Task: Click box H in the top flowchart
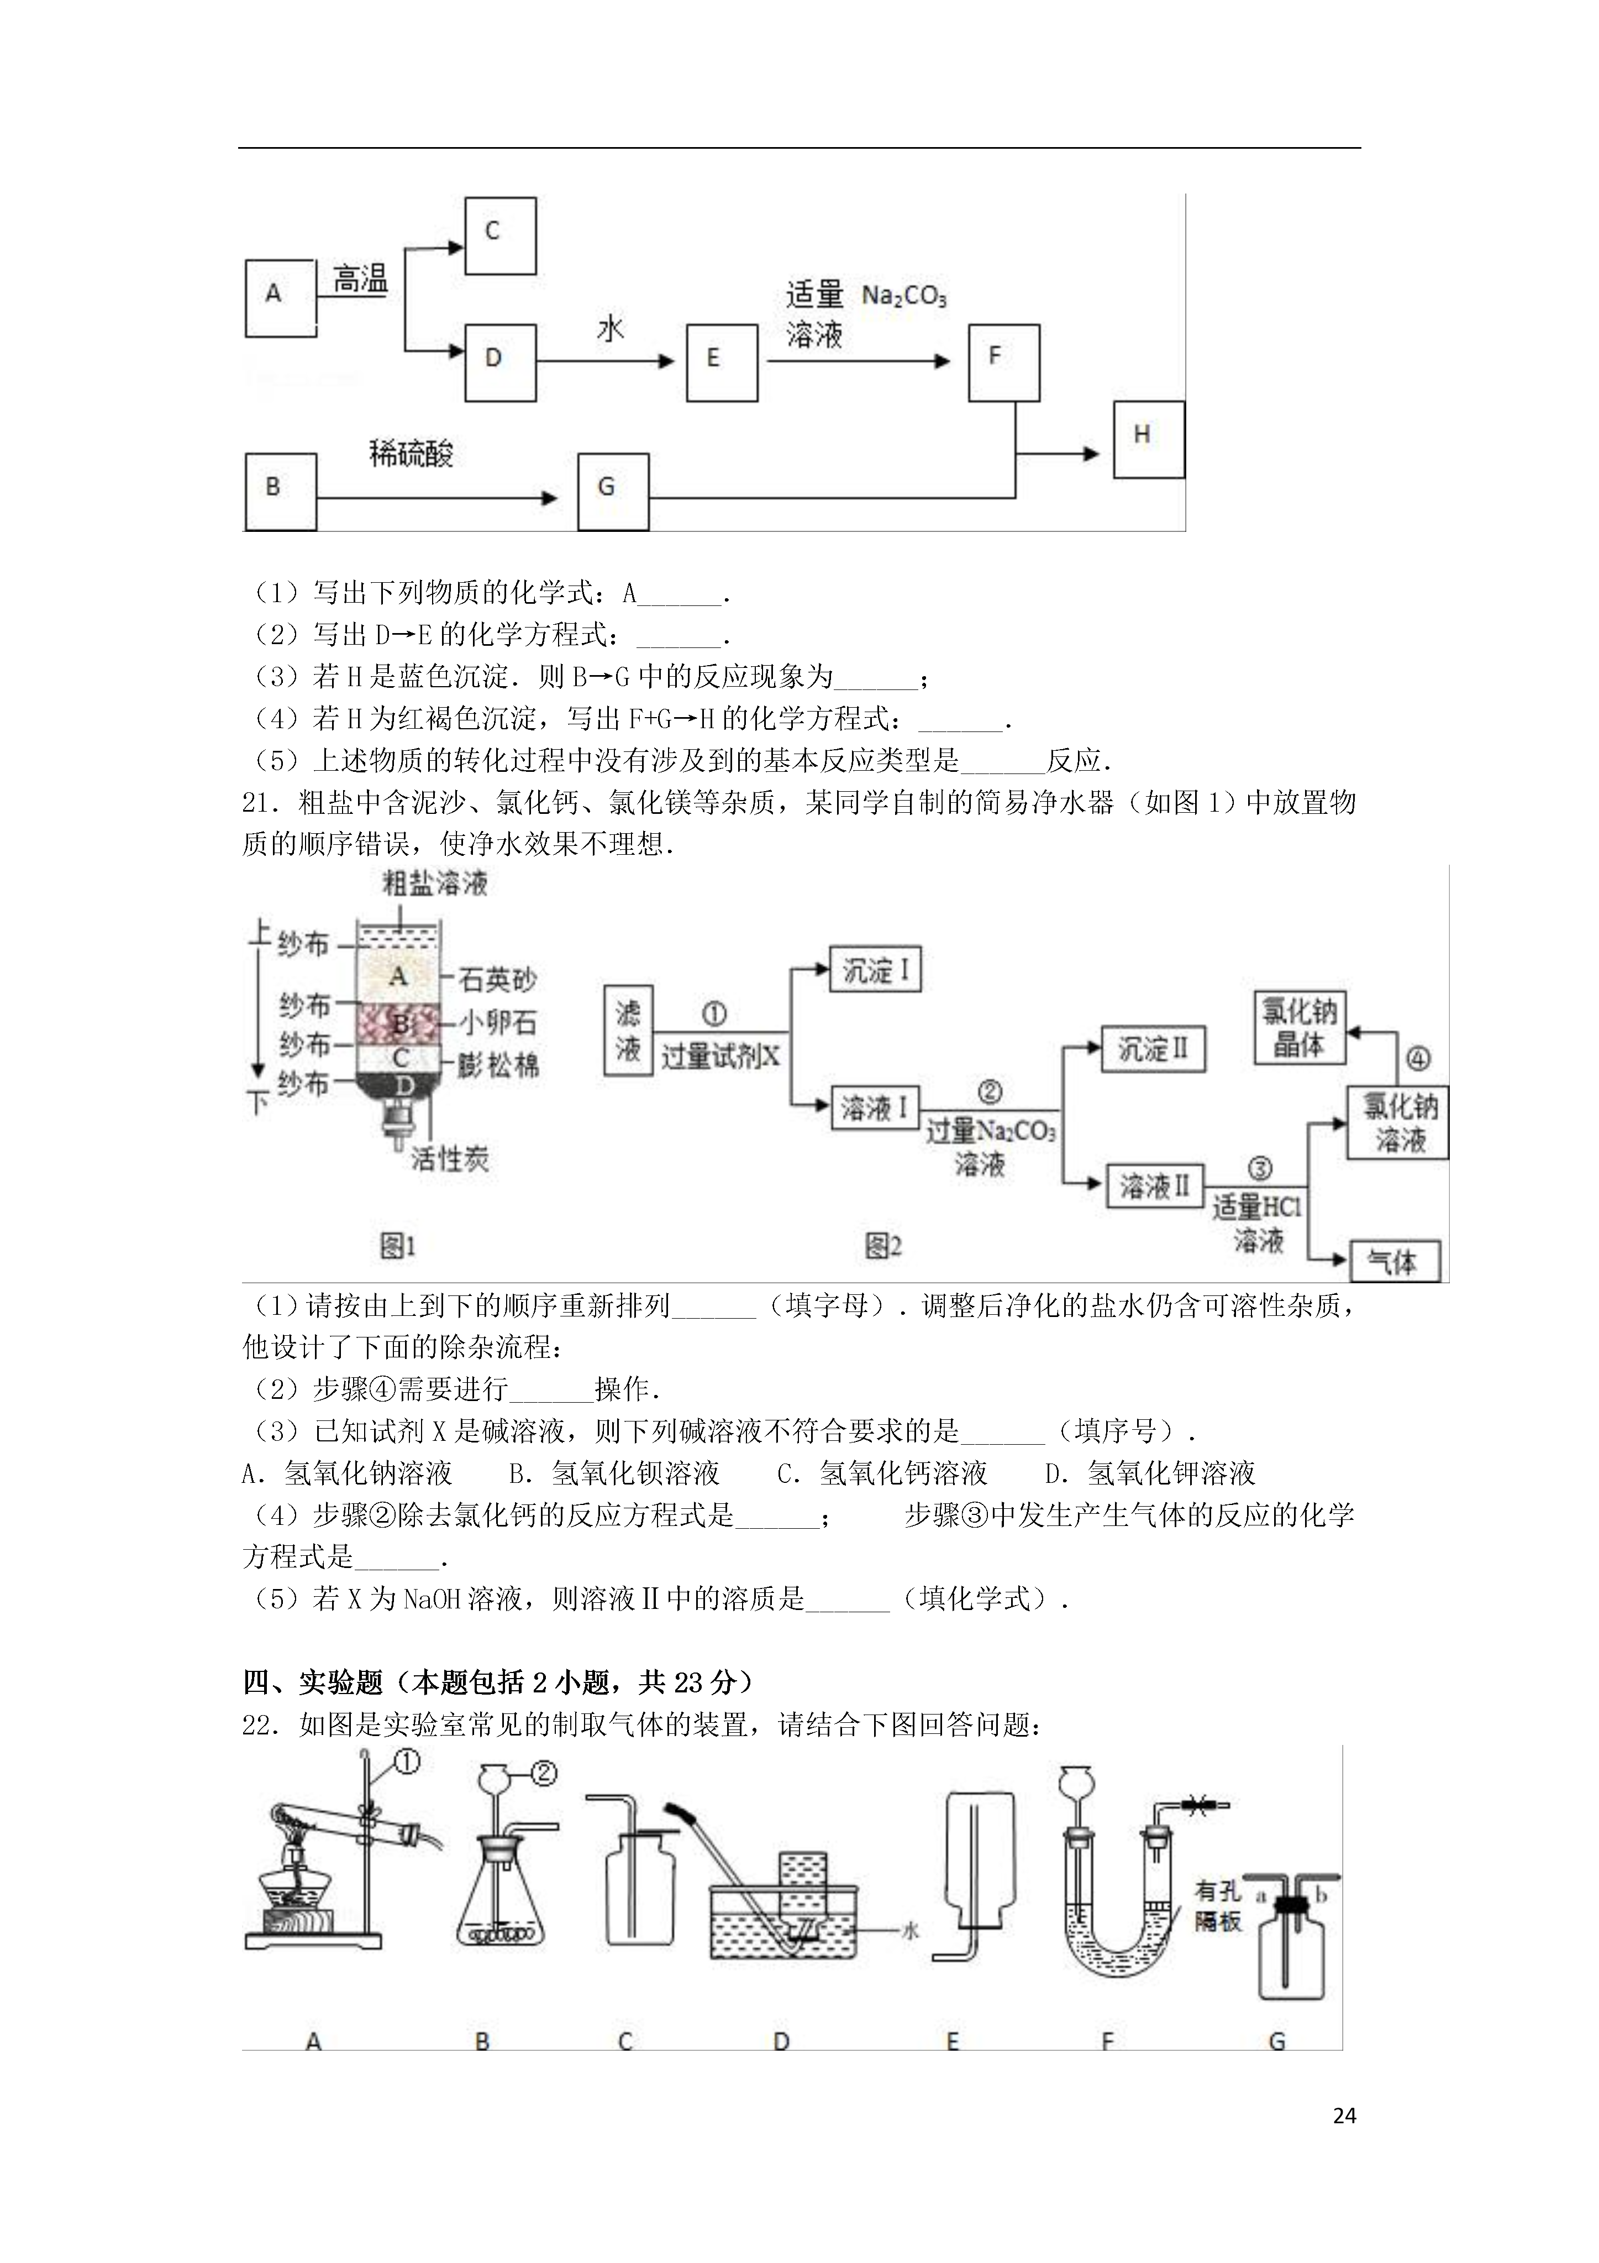click(1149, 440)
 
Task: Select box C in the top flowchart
click(501, 236)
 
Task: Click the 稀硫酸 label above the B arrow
click(411, 454)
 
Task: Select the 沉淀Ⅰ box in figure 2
click(875, 971)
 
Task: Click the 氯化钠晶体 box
click(1300, 1028)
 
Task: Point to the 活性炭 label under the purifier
click(450, 1158)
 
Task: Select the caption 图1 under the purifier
click(398, 1247)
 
